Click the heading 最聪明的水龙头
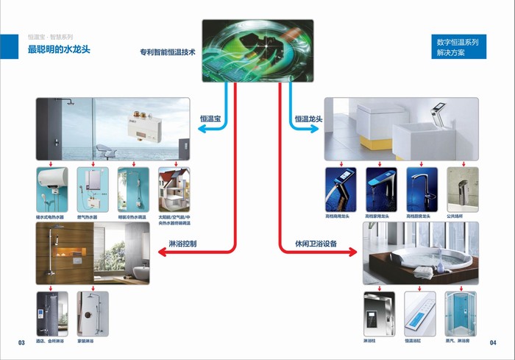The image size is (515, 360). [58, 49]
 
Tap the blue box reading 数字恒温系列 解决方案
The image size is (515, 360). [458, 48]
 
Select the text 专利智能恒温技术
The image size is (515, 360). [168, 53]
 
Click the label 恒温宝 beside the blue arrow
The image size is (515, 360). [210, 118]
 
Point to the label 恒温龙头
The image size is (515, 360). [308, 118]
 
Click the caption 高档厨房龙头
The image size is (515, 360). [422, 216]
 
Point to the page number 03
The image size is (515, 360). [21, 342]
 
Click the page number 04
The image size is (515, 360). [492, 342]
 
